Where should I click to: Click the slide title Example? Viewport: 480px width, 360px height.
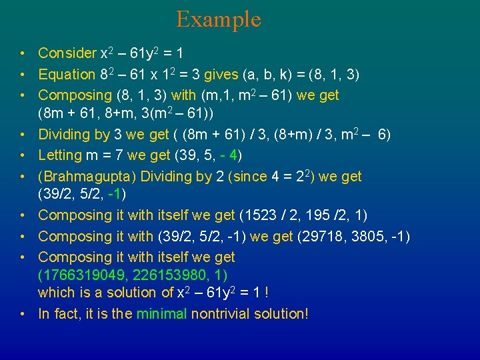(218, 19)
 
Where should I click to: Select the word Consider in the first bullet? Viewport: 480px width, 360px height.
(67, 53)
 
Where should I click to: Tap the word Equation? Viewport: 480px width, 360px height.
(67, 75)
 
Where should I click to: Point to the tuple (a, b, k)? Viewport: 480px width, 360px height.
(257, 75)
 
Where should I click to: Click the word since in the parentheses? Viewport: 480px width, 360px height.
(247, 177)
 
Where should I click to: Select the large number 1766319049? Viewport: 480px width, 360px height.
(79, 275)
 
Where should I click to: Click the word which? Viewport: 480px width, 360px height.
(56, 293)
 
